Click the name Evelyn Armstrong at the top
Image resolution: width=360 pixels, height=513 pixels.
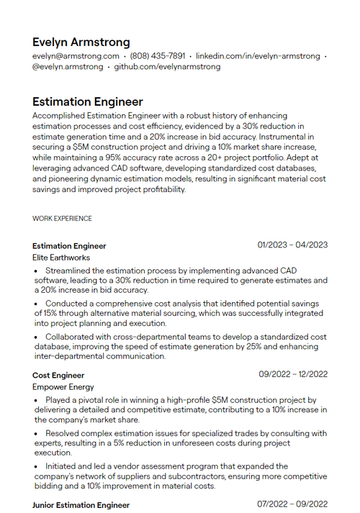81,42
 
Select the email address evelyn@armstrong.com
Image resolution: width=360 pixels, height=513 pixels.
76,56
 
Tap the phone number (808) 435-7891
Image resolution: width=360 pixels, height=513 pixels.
157,56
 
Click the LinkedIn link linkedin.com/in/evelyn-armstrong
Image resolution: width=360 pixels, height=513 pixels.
258,56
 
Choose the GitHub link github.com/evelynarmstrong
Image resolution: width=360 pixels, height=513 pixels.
167,67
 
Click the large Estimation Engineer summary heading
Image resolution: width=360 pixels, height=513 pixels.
88,102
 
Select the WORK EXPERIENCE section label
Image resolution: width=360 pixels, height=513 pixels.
62,218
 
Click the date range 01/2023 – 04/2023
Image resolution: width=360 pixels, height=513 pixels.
292,245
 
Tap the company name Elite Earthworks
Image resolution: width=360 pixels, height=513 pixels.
61,257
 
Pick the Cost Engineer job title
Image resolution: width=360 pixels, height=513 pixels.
58,375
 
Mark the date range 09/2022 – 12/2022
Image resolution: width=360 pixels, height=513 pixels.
293,374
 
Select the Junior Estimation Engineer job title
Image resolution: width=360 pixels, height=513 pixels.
81,505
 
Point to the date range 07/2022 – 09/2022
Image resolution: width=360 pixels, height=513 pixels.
293,504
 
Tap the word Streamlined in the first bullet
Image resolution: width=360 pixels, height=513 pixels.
68,271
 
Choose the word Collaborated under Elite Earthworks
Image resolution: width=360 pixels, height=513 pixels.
71,337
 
